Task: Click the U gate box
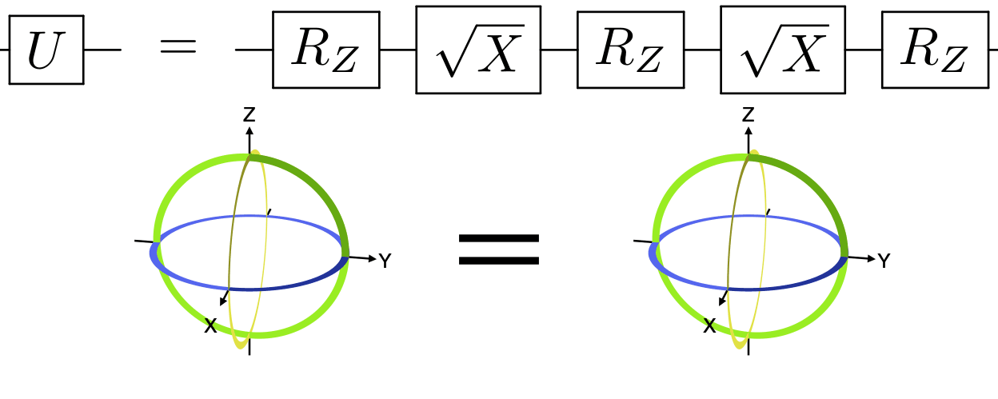coord(46,50)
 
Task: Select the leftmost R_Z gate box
coord(325,50)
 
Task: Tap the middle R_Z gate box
coord(630,50)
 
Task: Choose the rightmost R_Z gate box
coord(935,50)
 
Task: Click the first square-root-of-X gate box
coord(478,50)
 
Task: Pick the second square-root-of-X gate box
coord(782,50)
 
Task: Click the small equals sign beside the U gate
coord(178,47)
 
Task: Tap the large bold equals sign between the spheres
coord(499,249)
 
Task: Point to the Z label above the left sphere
coord(249,115)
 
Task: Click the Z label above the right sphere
coord(748,115)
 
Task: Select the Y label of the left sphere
coord(385,261)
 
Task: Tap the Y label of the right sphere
coord(884,261)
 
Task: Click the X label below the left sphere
coord(210,325)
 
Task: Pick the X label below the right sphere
coord(709,325)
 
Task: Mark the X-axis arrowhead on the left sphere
coord(223,301)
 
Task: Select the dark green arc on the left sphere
coord(321,190)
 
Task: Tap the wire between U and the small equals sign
coord(102,50)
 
